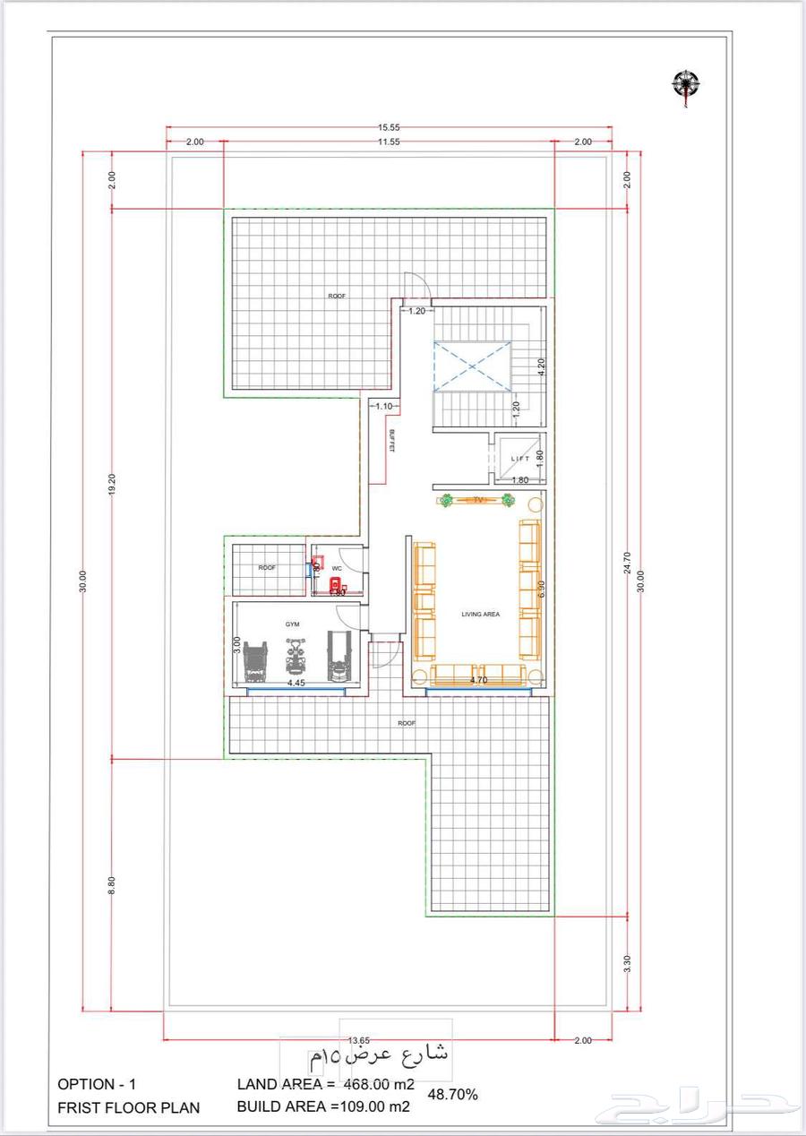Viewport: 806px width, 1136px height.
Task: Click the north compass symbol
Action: pos(686,85)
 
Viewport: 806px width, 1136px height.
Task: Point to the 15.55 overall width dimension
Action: pos(388,127)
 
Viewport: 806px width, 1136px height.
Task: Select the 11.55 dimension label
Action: pos(388,142)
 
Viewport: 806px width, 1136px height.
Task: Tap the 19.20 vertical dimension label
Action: pos(111,483)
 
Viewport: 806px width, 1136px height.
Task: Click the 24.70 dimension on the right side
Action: pos(628,562)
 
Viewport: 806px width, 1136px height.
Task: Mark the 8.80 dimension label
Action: pos(111,884)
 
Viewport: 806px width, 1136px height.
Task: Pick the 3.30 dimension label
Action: pos(628,964)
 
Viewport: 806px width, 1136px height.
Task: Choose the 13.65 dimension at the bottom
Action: pos(358,1040)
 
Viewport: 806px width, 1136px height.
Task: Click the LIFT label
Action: pos(520,459)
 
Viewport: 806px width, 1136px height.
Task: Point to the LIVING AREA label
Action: pos(480,615)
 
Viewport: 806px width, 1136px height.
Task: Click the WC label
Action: pos(337,569)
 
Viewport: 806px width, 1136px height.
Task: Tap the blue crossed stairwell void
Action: pos(472,366)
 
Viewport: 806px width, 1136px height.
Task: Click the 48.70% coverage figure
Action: pos(453,1094)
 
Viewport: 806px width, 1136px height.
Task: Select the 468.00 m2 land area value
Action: pos(379,1084)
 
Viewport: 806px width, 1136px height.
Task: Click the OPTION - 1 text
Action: pos(98,1084)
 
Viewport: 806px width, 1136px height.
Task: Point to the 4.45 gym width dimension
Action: pos(296,683)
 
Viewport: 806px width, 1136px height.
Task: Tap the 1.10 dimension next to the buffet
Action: pos(383,406)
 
